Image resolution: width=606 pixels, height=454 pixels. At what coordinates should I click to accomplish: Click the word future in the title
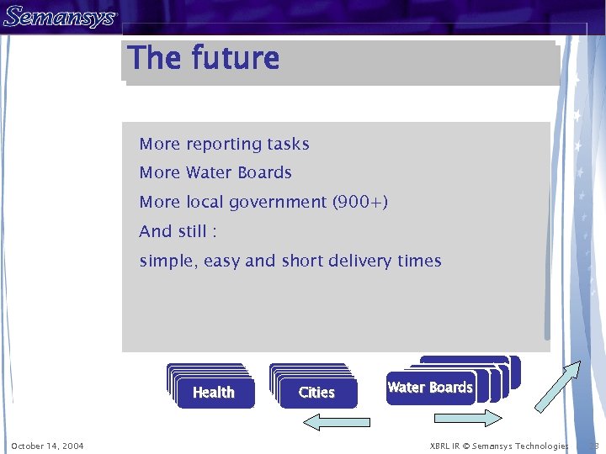235,58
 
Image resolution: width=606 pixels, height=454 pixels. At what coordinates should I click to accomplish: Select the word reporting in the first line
224,145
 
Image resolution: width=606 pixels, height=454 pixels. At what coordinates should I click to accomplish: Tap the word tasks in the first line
288,145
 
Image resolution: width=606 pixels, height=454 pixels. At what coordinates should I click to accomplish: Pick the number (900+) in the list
360,203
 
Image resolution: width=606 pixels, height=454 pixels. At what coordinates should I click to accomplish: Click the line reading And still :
178,231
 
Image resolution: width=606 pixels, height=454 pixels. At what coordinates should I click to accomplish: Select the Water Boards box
430,388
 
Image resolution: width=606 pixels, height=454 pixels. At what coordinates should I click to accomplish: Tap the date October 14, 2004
47,446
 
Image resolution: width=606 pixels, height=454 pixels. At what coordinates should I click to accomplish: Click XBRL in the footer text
440,446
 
